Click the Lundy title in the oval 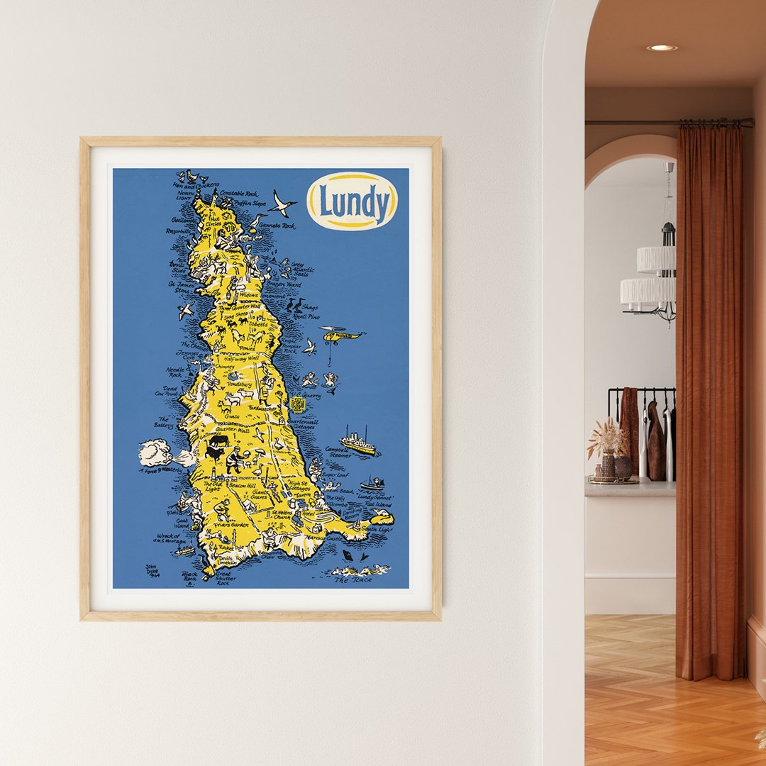coord(353,201)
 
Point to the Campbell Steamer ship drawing coord(358,443)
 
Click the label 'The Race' coord(353,579)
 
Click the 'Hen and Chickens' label coord(186,184)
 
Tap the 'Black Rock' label coord(189,576)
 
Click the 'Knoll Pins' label coord(306,316)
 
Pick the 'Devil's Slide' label coord(178,267)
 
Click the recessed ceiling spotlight coord(662,48)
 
